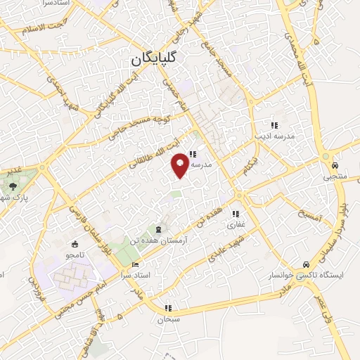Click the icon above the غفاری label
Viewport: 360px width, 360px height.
click(236, 214)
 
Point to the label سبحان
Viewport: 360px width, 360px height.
click(169, 319)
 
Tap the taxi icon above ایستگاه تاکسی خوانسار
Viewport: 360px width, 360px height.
click(305, 262)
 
